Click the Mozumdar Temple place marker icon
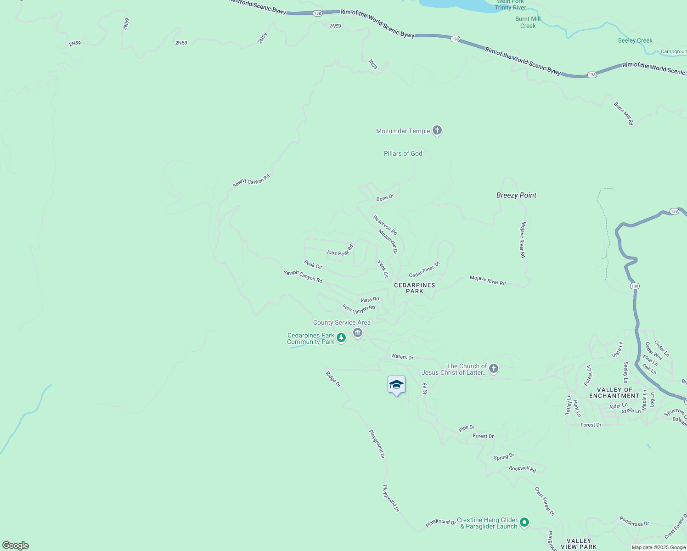(437, 130)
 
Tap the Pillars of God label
(403, 153)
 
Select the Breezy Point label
(516, 195)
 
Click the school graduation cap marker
(396, 385)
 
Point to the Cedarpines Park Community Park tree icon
(341, 338)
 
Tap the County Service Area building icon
(358, 332)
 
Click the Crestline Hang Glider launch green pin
(524, 522)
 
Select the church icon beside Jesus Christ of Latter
(494, 368)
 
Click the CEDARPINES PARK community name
(414, 288)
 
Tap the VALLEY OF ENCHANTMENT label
(614, 393)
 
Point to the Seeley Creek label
(635, 40)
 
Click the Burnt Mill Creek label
(528, 22)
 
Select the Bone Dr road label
(385, 198)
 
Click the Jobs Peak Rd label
(339, 251)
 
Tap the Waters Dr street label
(402, 357)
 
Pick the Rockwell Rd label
(523, 469)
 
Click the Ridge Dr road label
(333, 379)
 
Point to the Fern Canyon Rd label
(359, 309)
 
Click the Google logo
(16, 545)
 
